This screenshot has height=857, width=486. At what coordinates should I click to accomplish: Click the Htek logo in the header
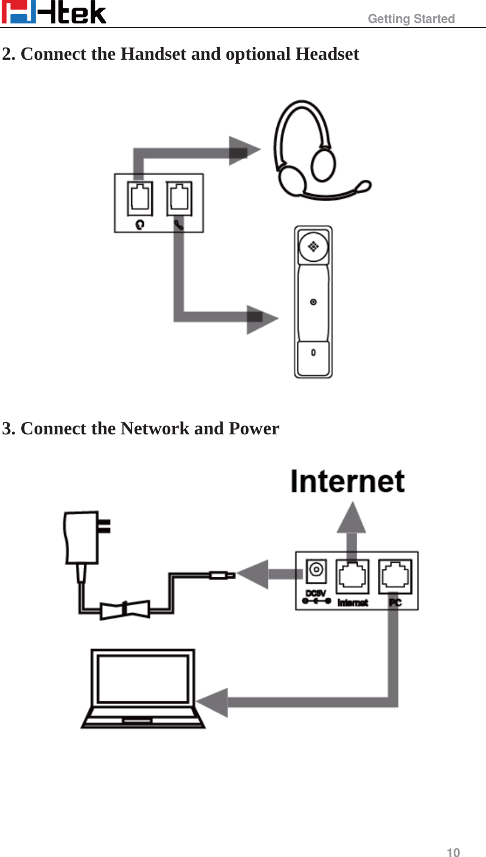(54, 12)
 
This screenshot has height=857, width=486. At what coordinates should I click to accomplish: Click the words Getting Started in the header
(411, 19)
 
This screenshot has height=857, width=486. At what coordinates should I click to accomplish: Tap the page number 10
(453, 852)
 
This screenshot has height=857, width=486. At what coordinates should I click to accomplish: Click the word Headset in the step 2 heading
(327, 54)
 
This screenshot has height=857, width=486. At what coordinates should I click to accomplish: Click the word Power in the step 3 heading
(254, 429)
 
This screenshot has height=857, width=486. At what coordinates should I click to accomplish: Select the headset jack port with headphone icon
(139, 199)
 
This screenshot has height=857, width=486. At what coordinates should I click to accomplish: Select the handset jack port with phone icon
(179, 199)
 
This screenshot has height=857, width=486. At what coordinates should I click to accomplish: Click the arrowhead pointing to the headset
(243, 150)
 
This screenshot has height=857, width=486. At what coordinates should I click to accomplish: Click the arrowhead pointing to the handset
(261, 319)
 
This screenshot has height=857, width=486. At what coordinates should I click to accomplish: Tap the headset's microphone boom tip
(364, 186)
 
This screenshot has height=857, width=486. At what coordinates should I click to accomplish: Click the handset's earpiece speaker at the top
(313, 246)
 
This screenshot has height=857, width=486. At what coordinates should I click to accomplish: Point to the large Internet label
(347, 481)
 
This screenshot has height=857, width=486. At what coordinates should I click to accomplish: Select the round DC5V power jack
(316, 570)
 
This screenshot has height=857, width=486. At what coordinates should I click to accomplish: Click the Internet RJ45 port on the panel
(352, 576)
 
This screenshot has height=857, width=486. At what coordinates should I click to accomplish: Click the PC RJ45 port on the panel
(395, 576)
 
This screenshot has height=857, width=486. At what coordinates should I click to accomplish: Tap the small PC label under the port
(395, 603)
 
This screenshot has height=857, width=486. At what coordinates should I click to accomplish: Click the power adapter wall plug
(84, 537)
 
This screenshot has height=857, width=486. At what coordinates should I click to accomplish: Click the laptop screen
(143, 678)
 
